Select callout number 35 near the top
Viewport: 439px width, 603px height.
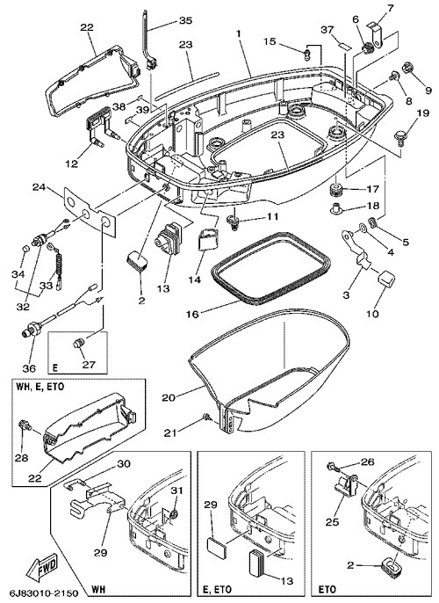pyautogui.click(x=185, y=20)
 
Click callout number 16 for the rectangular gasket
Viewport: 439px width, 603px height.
pyautogui.click(x=192, y=314)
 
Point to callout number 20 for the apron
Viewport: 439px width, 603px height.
pyautogui.click(x=169, y=397)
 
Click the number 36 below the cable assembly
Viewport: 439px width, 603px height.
pyautogui.click(x=29, y=368)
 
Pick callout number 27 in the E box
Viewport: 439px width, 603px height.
pyautogui.click(x=89, y=364)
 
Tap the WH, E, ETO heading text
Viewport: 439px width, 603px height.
pyautogui.click(x=40, y=387)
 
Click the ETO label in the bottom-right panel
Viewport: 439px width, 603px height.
pyautogui.click(x=327, y=590)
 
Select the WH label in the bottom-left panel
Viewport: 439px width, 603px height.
pyautogui.click(x=98, y=590)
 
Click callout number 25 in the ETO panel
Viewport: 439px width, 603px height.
pyautogui.click(x=332, y=521)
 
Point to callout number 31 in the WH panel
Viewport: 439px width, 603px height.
pyautogui.click(x=177, y=490)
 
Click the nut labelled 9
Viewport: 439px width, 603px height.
pyautogui.click(x=407, y=69)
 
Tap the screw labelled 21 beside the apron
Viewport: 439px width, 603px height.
pyautogui.click(x=206, y=417)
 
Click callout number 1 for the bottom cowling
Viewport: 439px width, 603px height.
pyautogui.click(x=239, y=33)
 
